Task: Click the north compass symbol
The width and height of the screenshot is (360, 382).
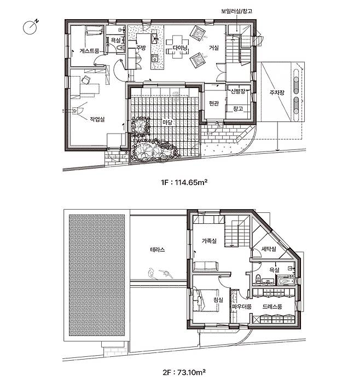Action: point(30,27)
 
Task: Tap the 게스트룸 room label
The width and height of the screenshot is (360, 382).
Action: point(89,51)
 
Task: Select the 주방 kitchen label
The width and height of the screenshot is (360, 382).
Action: point(141,48)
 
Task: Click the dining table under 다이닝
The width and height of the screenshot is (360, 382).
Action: point(177,47)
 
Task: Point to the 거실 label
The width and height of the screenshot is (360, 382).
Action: point(214,48)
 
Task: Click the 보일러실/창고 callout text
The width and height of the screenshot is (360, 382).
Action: point(236,11)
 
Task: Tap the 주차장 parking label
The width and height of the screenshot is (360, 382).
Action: point(277,92)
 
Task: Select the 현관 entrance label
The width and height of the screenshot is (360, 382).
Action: point(214,103)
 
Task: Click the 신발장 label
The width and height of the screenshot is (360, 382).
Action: point(238,91)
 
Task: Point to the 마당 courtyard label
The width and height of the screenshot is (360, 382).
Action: point(167,122)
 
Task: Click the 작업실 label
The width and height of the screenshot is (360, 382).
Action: point(97,119)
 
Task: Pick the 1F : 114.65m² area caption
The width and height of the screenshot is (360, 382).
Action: point(184,182)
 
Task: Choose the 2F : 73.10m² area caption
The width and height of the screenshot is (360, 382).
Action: point(184,372)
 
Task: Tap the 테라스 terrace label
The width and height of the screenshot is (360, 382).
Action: point(157,250)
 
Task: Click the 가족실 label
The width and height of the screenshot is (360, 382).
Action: point(209,241)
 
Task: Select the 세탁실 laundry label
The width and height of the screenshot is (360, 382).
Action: point(269,249)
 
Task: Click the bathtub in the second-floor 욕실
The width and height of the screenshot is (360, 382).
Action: point(286,281)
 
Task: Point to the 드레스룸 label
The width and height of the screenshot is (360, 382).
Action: point(272,306)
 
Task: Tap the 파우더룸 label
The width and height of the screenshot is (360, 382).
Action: point(241,306)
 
